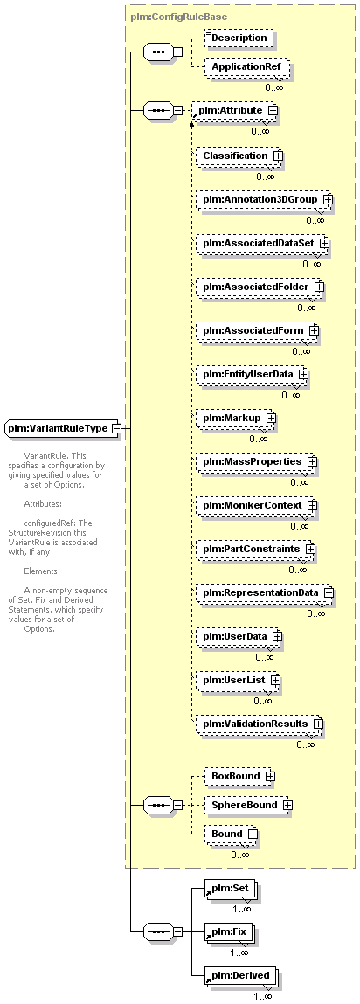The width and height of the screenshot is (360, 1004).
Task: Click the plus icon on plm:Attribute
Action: [273, 110]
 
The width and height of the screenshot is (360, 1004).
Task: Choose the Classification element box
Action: [239, 156]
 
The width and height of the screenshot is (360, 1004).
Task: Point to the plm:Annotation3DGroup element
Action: [266, 200]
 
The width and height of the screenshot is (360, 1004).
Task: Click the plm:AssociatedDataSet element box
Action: [263, 243]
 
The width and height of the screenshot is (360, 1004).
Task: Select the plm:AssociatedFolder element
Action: [260, 287]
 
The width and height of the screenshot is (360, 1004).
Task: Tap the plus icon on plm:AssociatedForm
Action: [314, 330]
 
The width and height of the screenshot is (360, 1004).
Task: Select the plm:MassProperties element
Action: [257, 461]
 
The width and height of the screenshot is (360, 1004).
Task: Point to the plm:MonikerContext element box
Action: [257, 505]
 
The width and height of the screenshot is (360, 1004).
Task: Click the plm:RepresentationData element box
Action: [266, 593]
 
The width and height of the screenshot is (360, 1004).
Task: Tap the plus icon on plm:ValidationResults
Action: [317, 724]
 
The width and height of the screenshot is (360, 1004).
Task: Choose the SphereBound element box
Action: [248, 804]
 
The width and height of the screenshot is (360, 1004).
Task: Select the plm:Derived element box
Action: [241, 976]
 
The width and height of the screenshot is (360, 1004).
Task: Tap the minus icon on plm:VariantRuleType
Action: [116, 427]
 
